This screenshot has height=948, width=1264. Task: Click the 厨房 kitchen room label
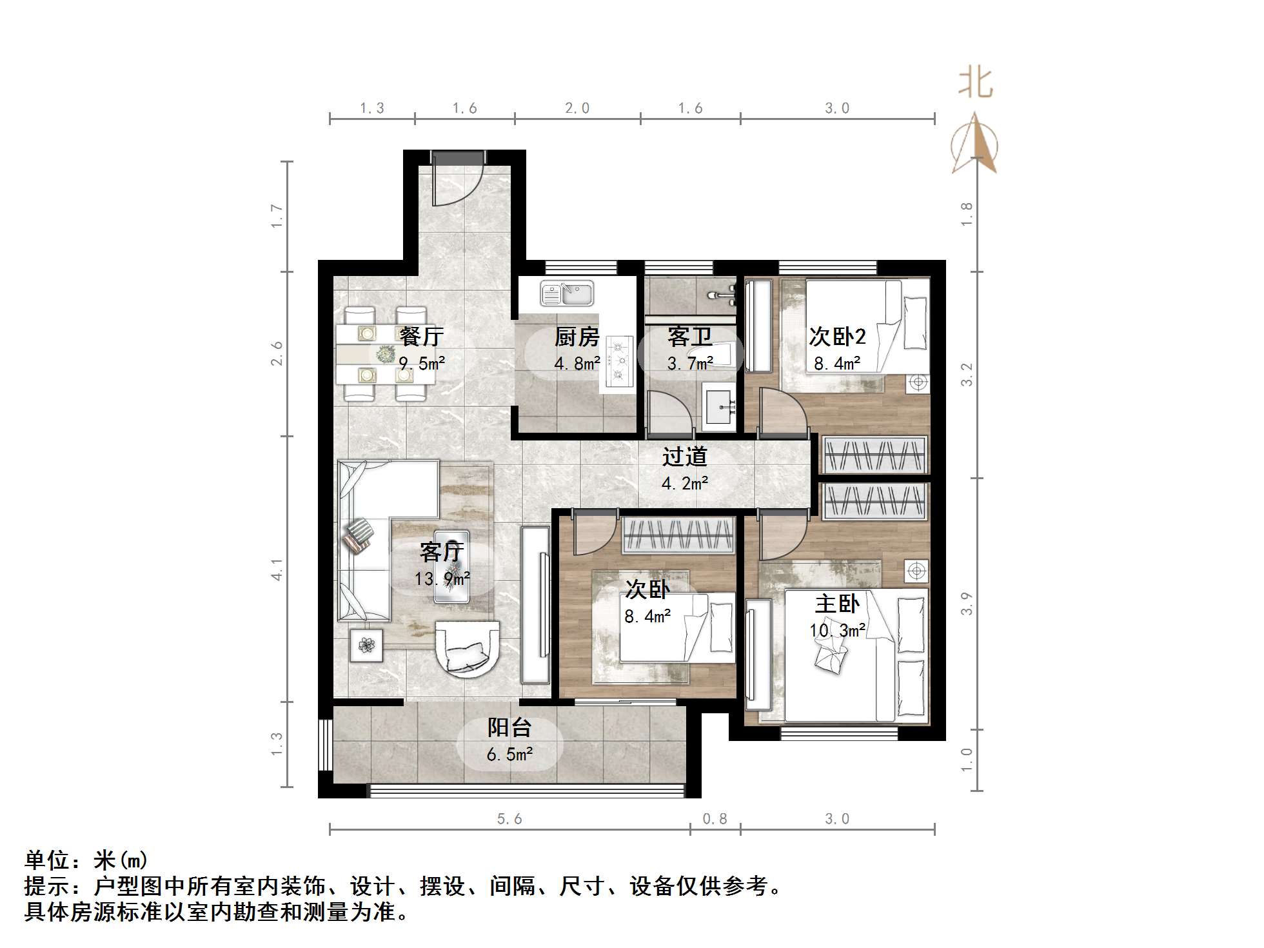[577, 337]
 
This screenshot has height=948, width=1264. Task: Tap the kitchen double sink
[567, 294]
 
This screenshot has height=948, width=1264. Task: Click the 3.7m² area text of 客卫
[690, 364]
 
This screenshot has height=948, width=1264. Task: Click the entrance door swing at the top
[457, 180]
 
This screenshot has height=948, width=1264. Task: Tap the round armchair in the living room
[467, 649]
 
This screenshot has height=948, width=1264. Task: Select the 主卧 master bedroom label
[836, 604]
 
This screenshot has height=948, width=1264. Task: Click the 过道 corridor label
[684, 457]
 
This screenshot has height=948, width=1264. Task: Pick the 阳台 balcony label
[509, 727]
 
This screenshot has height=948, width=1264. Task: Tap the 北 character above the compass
[974, 84]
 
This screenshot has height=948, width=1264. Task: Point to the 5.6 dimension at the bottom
[509, 819]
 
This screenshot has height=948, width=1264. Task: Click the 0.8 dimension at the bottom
[715, 819]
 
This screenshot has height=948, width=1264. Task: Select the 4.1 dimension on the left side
[277, 569]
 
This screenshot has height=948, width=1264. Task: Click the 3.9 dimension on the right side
[966, 604]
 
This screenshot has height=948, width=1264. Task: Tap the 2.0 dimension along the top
[577, 108]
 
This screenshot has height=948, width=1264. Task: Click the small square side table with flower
[366, 646]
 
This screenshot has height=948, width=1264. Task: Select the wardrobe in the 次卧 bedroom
[678, 535]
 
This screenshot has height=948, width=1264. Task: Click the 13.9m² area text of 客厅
[442, 578]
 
